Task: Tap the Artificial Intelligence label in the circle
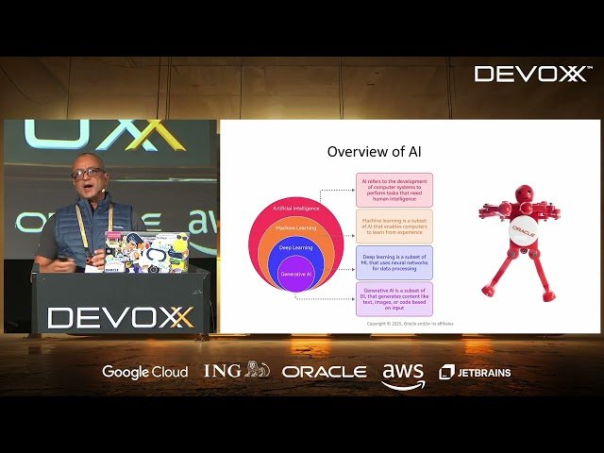tap(295, 207)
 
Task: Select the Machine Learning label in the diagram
tap(295, 227)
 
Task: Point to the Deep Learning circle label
tap(295, 247)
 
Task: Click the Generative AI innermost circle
tap(295, 273)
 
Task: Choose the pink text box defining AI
tap(394, 190)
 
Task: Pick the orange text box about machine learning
tap(394, 226)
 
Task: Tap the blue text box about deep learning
tap(394, 262)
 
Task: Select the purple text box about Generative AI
tap(394, 298)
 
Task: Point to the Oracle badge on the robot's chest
tap(523, 229)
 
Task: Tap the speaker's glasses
tap(86, 174)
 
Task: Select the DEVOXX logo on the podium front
tap(120, 317)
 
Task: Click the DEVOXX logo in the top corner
tap(532, 74)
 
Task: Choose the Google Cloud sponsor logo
tap(144, 372)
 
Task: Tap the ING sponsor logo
tap(235, 371)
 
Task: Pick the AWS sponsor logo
tap(403, 374)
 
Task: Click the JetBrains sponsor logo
tap(475, 372)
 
